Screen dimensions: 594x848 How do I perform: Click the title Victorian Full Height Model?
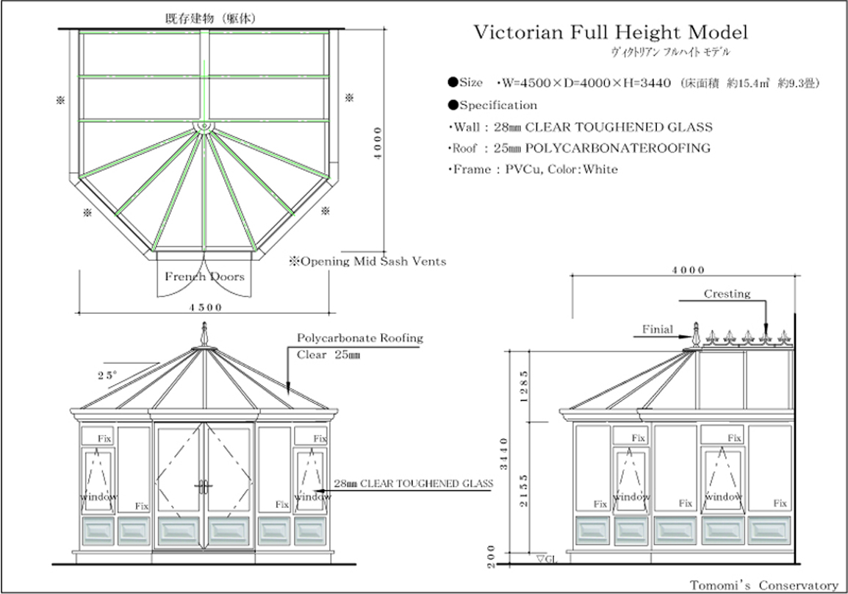coord(610,33)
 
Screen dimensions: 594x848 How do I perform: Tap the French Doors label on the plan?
coord(204,277)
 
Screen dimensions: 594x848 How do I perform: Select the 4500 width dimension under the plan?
coord(206,307)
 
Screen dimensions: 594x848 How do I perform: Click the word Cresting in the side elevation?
coord(727,294)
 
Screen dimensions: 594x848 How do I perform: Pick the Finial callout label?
coord(657,329)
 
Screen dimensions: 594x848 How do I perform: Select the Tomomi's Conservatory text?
coord(763,585)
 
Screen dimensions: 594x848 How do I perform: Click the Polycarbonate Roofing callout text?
coord(360,338)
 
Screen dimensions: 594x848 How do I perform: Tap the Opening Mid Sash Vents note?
coord(367,261)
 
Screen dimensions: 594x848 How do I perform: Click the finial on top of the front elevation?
coord(204,335)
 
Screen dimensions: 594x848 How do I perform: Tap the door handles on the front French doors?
coord(204,486)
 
